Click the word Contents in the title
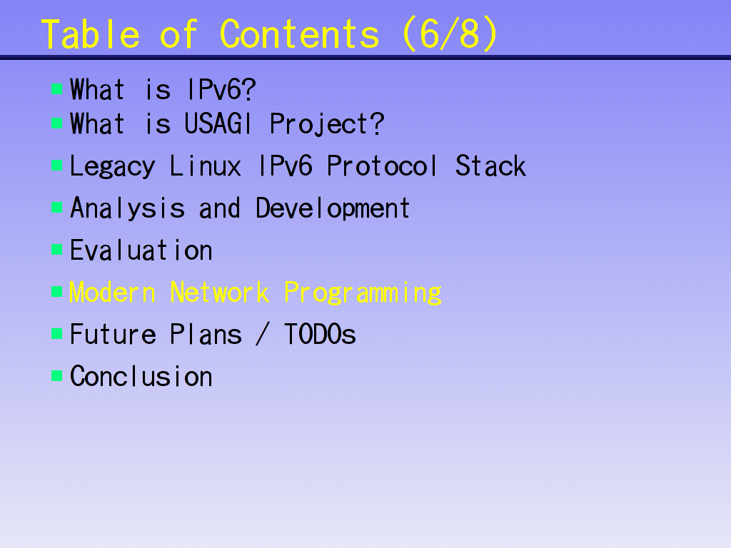point(299,34)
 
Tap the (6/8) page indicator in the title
point(450,34)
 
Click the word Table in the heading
point(91,34)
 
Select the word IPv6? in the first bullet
point(221,89)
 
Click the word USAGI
point(218,124)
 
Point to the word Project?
point(327,125)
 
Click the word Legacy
point(112,167)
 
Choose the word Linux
point(205,166)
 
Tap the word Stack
point(490,166)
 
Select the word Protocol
point(382,166)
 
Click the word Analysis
point(127,209)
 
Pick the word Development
point(333,209)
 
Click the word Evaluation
point(141,250)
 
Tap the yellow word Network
point(219,293)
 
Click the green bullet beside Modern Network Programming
point(57,292)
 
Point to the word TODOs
point(320,335)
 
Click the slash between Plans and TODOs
point(263,334)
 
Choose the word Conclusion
point(141,377)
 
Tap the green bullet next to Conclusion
point(57,375)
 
